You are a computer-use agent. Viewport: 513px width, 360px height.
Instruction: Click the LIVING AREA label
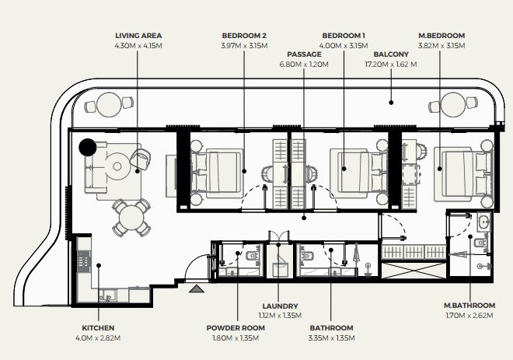click(138, 35)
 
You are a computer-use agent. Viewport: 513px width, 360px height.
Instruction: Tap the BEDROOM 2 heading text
click(244, 35)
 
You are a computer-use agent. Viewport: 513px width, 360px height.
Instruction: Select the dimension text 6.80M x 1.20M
click(304, 64)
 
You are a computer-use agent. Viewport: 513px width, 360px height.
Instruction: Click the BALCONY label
click(391, 54)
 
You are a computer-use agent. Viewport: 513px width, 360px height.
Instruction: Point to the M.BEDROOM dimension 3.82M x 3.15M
click(441, 46)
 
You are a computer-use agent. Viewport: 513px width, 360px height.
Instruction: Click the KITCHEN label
click(98, 327)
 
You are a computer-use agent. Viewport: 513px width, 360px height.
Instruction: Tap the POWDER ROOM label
click(236, 327)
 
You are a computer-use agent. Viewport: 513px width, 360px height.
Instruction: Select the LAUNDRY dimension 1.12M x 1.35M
click(280, 316)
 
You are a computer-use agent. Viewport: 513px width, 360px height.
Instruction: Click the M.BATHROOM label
click(469, 306)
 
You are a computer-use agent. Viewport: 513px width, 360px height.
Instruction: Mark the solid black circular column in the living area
click(88, 147)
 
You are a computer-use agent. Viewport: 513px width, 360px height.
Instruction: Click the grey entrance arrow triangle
click(197, 288)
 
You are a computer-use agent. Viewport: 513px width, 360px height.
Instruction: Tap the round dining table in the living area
click(131, 218)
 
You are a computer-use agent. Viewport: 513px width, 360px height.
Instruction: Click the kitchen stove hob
click(84, 260)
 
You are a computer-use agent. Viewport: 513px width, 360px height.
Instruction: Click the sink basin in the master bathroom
click(484, 222)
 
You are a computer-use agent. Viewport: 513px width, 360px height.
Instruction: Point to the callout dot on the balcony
click(391, 103)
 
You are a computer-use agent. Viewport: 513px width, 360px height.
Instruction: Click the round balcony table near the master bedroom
click(453, 105)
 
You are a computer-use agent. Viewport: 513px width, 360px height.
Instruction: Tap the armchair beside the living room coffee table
click(141, 159)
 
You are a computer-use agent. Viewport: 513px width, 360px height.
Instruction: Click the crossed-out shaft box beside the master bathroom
click(414, 271)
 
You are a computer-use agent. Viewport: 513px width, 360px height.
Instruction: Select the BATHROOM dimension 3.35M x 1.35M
click(331, 337)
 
